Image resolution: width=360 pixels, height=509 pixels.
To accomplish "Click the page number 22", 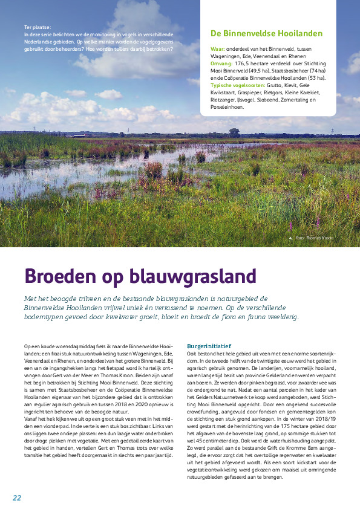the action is tap(17, 498).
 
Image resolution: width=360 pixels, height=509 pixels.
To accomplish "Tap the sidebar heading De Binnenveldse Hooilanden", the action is tap(266, 34).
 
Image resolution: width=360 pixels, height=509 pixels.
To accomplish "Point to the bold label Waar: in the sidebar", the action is tap(219, 47).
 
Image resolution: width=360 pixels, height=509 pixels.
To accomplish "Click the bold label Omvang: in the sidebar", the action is tap(223, 62).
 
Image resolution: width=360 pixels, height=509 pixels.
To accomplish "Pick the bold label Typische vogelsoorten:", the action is tap(239, 85).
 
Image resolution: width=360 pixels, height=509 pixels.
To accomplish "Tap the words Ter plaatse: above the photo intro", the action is tap(37, 27).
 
